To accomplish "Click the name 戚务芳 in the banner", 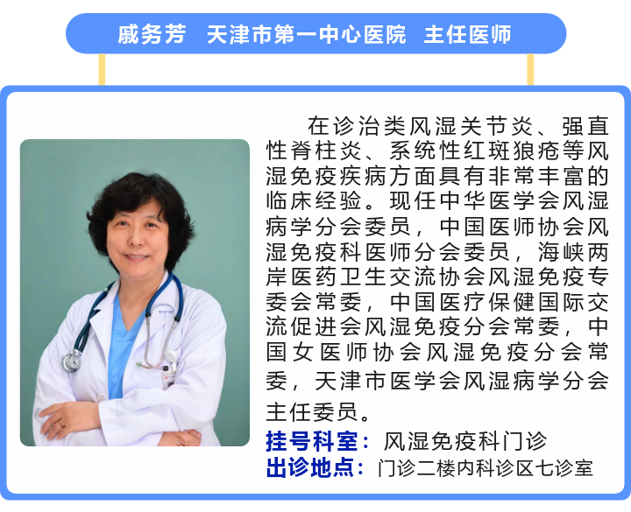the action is pos(152,34).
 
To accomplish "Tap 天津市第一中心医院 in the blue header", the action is pos(306,34).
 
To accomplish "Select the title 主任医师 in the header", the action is pos(468,34).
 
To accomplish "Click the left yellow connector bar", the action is pos(102,69).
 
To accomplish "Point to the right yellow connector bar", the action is pos(530,69).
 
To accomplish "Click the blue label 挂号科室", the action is pos(311,441).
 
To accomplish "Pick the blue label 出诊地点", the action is pos(310,467).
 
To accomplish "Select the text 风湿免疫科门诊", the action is pos(464,441).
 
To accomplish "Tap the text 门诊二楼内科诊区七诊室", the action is pos(486,467).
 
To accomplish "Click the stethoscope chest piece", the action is pos(72,361).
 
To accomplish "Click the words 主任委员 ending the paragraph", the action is pos(311,411).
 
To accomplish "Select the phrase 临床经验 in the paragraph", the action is pos(313,201).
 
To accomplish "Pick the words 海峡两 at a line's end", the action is pos(573,252).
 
